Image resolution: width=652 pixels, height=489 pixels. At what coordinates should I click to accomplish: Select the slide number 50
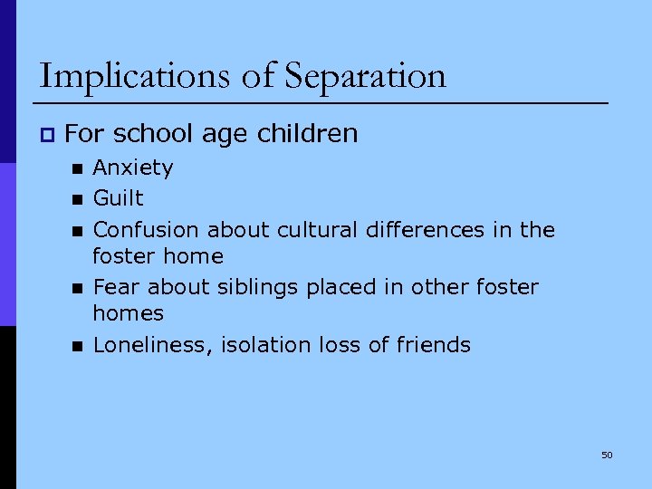[x=607, y=455]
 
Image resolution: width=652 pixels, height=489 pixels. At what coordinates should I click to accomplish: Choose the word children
[x=308, y=134]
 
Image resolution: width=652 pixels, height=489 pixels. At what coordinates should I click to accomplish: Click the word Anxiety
[x=133, y=168]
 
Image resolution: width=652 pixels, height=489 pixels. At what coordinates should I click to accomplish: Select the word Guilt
[x=119, y=197]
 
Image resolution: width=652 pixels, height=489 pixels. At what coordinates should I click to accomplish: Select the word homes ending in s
[x=128, y=313]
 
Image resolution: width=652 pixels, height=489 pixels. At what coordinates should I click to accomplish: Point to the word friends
[x=435, y=344]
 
